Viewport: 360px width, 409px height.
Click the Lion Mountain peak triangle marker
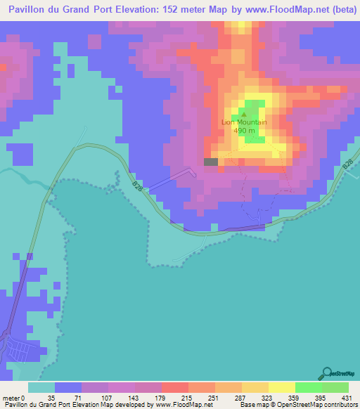[x=245, y=114]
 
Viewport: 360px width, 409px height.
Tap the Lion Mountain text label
[x=245, y=122]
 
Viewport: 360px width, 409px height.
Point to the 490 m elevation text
[x=245, y=131]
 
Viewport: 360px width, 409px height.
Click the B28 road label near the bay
[x=136, y=186]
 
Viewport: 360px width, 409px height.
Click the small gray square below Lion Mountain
[x=210, y=162]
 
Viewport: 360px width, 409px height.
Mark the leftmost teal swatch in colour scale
[x=41, y=387]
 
